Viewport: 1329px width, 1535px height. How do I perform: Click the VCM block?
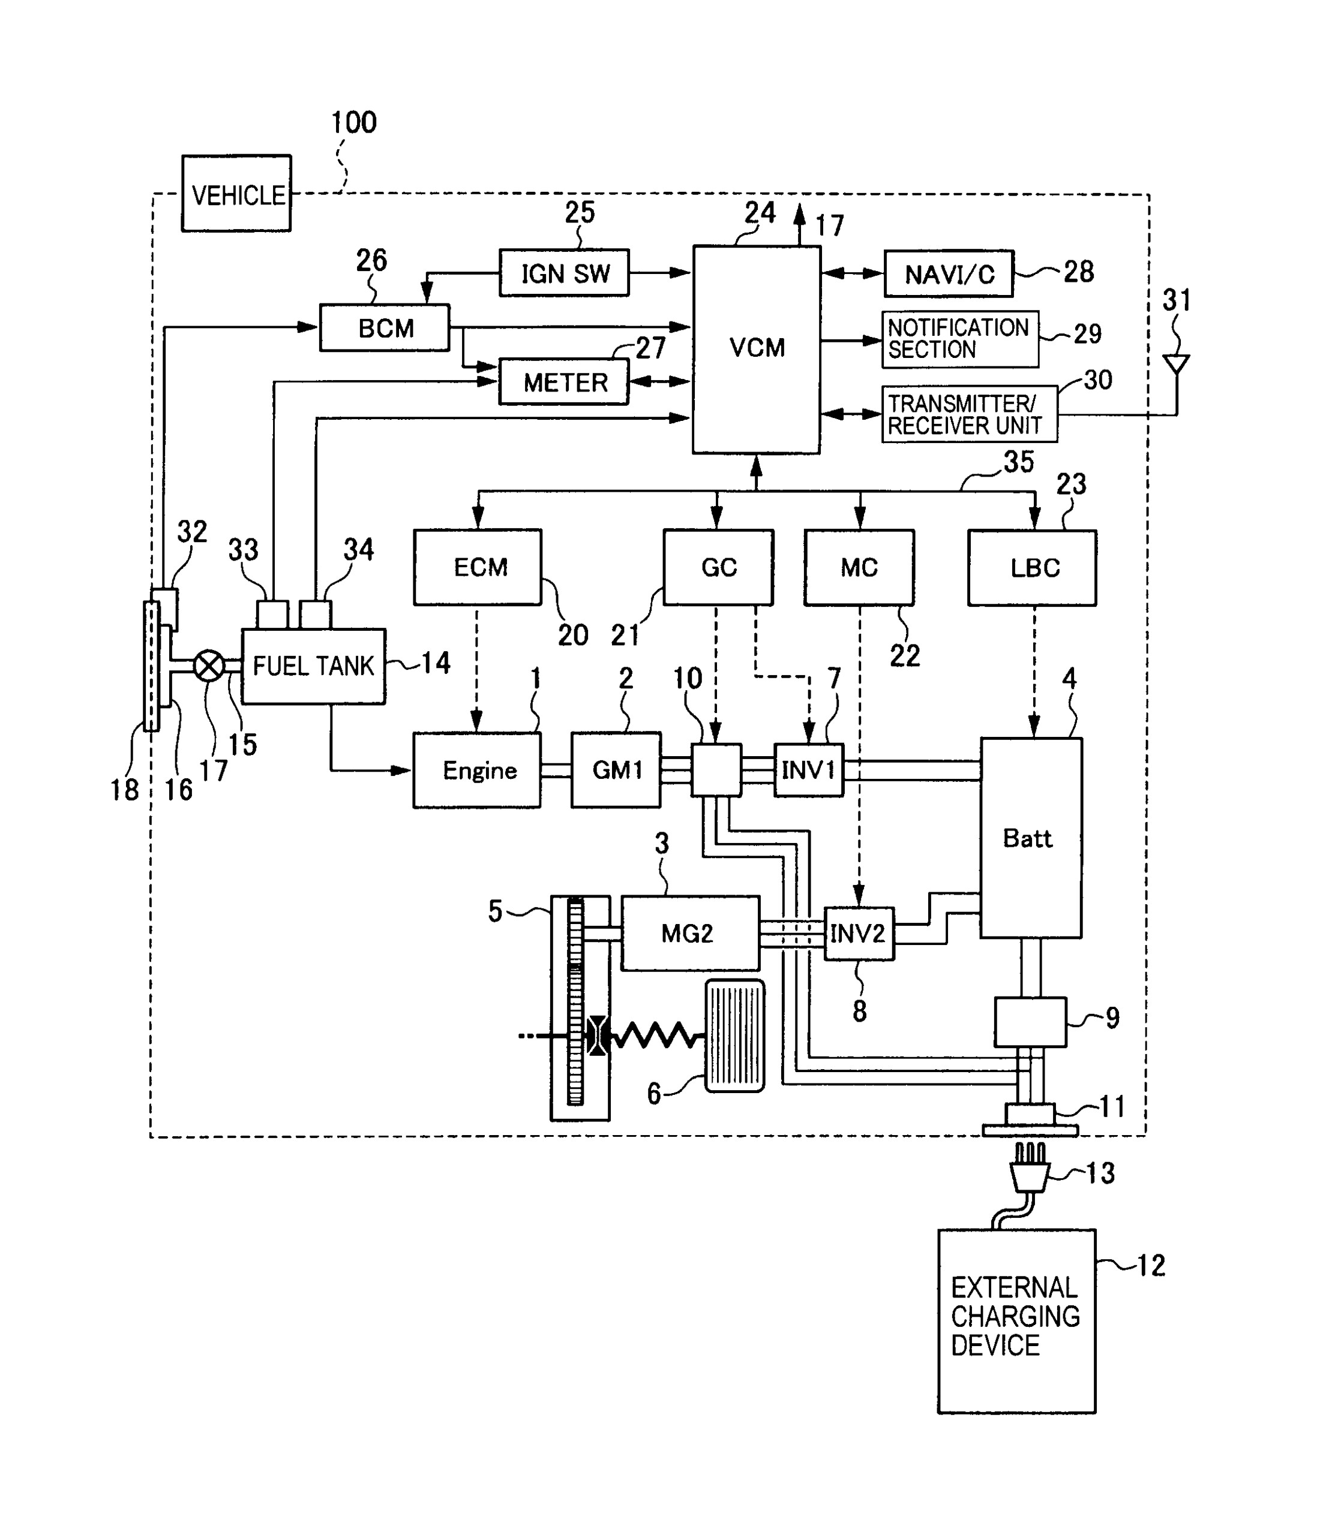click(x=757, y=349)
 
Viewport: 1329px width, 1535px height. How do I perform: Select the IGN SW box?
click(x=565, y=273)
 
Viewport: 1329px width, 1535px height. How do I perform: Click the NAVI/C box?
click(x=949, y=273)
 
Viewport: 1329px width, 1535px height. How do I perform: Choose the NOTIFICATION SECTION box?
click(x=959, y=339)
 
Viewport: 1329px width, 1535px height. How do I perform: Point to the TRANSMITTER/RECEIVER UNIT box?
click(x=968, y=414)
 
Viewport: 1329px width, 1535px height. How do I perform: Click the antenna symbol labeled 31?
click(x=1176, y=364)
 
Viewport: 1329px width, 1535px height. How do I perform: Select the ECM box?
click(x=478, y=567)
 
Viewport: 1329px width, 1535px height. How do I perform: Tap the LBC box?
click(x=1031, y=568)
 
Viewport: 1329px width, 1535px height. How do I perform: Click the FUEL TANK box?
click(x=314, y=666)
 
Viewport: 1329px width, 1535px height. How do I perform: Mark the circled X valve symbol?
click(x=209, y=666)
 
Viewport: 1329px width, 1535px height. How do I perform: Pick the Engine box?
click(x=477, y=770)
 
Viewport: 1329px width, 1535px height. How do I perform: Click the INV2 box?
click(x=859, y=933)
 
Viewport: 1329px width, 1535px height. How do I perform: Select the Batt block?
click(x=1030, y=838)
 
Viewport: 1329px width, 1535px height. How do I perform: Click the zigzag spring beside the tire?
click(x=656, y=1035)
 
